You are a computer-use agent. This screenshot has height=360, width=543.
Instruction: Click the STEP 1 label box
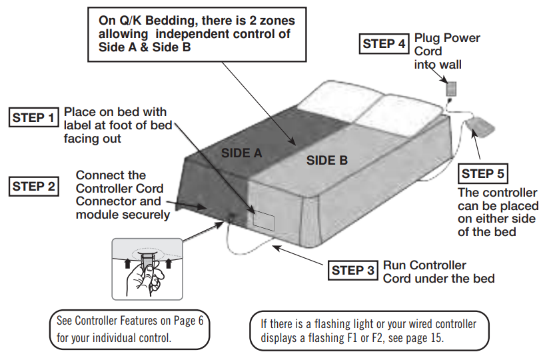pos(33,118)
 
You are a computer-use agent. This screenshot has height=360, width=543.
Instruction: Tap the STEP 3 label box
pos(354,270)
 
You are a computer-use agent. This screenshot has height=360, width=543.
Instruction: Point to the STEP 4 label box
pos(384,44)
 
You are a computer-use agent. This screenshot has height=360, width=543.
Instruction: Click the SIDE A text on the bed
pos(241,153)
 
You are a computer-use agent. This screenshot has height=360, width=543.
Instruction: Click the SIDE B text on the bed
pos(326,160)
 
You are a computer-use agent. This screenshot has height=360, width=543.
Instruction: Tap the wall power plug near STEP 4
pos(451,88)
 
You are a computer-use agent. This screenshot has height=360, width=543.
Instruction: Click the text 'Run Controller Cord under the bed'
pos(438,271)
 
